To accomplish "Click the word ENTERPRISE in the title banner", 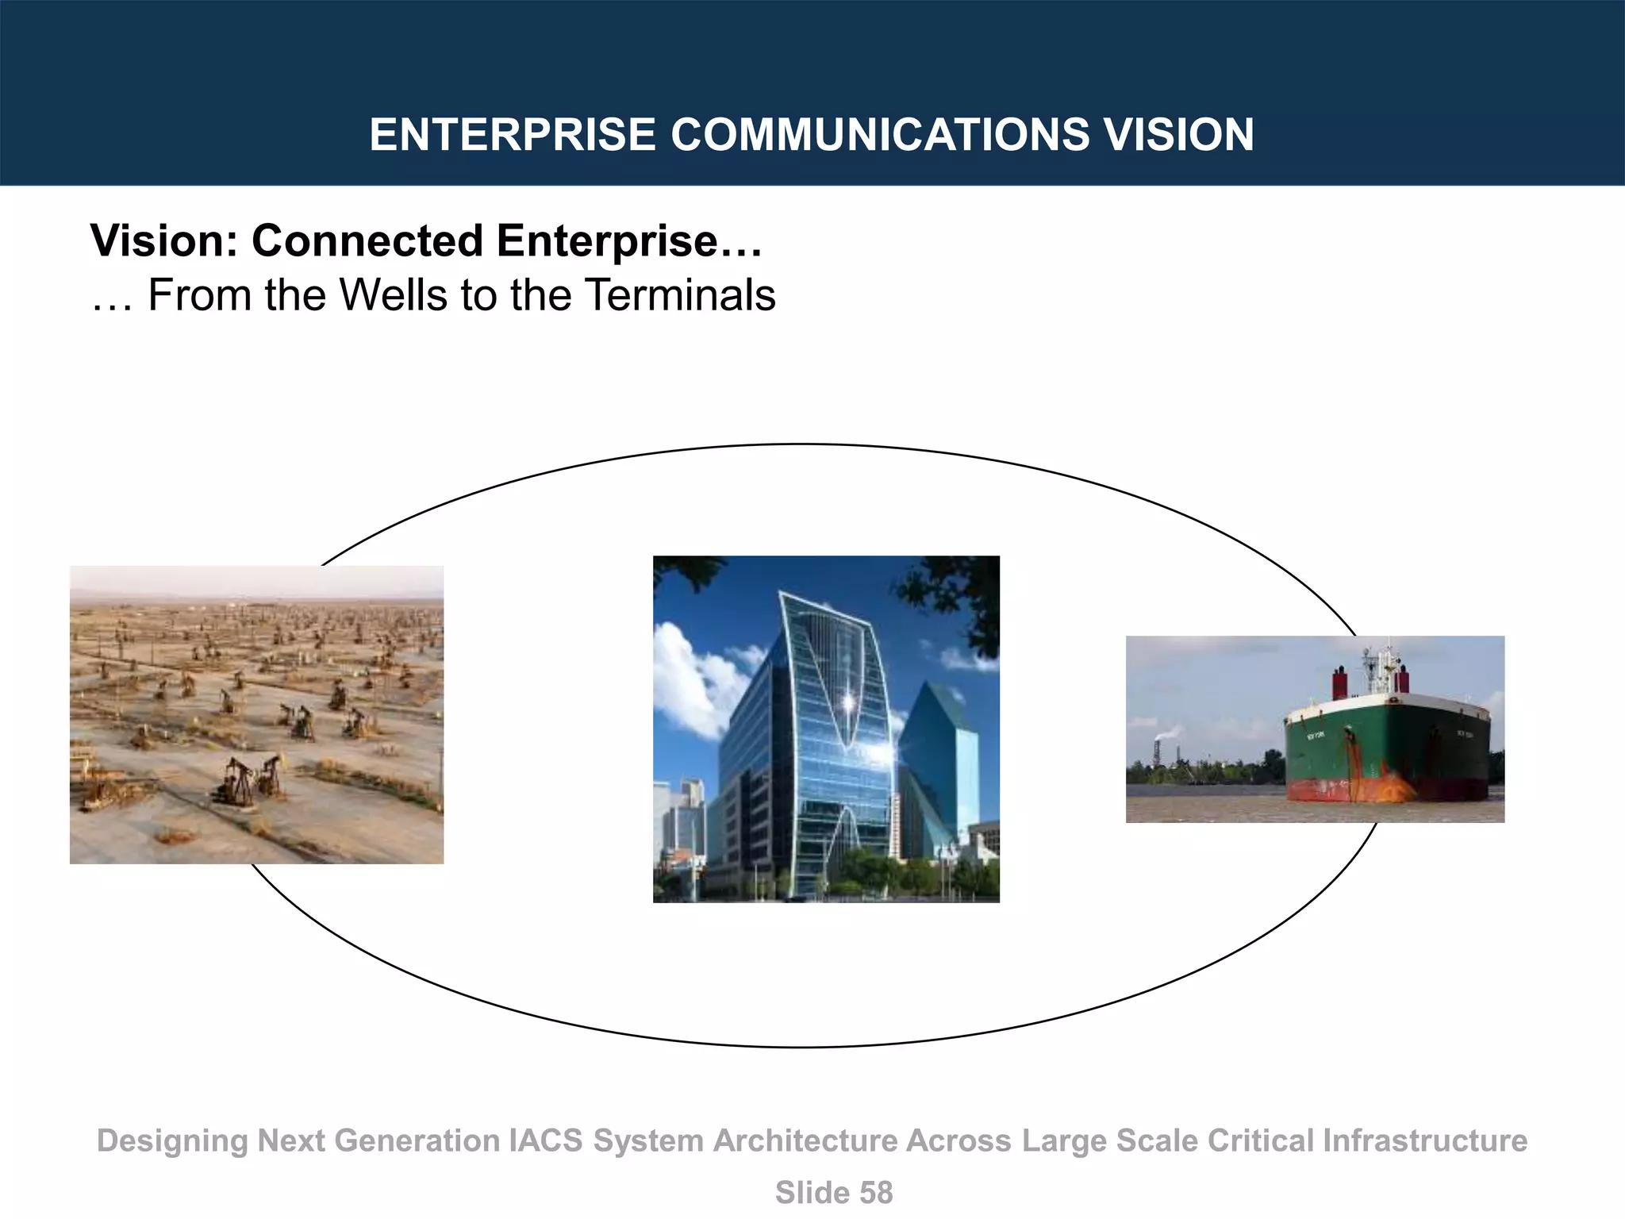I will pos(512,134).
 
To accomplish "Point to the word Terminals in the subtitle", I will pos(680,295).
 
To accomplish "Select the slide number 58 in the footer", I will pos(875,1193).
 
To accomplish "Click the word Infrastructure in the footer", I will pos(1424,1140).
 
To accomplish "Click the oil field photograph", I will pos(256,714).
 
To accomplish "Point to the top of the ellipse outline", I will pos(801,444).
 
